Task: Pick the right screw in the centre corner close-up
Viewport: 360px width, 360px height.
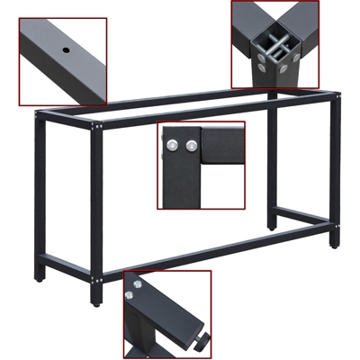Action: pyautogui.click(x=191, y=144)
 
